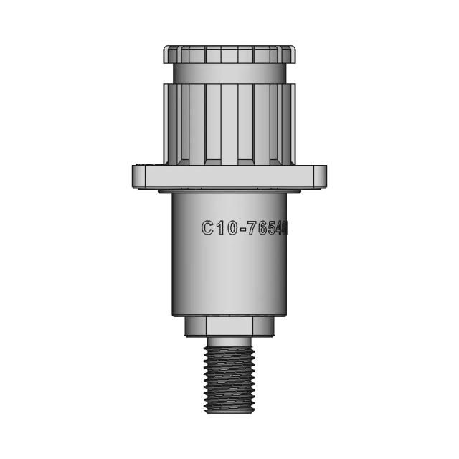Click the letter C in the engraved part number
pyautogui.click(x=208, y=228)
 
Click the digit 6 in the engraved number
pyautogui.click(x=262, y=228)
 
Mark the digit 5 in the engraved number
pyautogui.click(x=273, y=228)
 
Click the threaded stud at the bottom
pyautogui.click(x=229, y=377)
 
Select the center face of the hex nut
pyautogui.click(x=229, y=327)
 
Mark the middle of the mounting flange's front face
pyautogui.click(x=229, y=176)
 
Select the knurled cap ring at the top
pyautogui.click(x=229, y=55)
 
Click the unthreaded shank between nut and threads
pyautogui.click(x=229, y=342)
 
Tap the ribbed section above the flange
pyautogui.click(x=229, y=122)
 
